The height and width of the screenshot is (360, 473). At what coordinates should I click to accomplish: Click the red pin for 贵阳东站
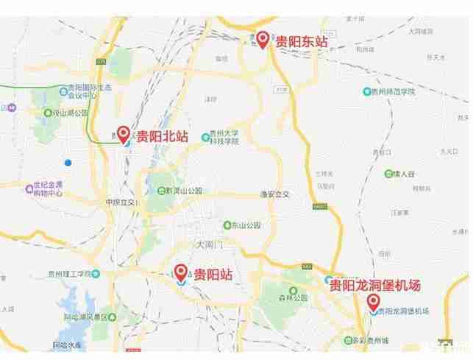pyautogui.click(x=263, y=38)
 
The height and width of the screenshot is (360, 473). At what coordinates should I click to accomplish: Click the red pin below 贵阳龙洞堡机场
pyautogui.click(x=374, y=302)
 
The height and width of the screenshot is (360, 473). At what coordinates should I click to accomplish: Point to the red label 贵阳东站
pyautogui.click(x=302, y=42)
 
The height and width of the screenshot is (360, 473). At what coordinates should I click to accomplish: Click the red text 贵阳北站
pyautogui.click(x=163, y=137)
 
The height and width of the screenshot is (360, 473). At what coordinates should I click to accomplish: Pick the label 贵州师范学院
pyautogui.click(x=394, y=91)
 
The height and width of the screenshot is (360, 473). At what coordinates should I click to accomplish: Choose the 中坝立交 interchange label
pyautogui.click(x=120, y=201)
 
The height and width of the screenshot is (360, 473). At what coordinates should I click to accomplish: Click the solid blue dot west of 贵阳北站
pyautogui.click(x=68, y=162)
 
